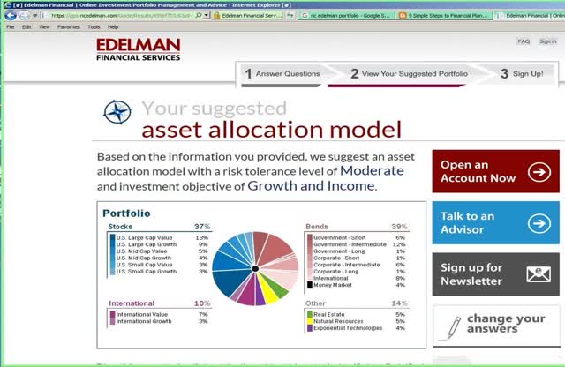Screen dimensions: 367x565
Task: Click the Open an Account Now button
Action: pos(494,171)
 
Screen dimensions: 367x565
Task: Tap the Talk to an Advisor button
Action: pos(494,223)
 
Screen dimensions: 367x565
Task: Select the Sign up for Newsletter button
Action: pos(494,274)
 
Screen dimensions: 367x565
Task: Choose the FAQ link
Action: pos(524,41)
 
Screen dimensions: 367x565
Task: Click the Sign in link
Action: pos(547,41)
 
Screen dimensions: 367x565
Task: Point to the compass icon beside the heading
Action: pos(117,112)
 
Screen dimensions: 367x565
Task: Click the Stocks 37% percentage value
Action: pos(202,227)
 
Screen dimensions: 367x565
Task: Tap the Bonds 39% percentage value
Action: pos(399,227)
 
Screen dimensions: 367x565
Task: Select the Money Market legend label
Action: pos(331,285)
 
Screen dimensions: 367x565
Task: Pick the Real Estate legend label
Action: pos(329,313)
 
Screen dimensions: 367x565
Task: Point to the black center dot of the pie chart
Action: pos(254,267)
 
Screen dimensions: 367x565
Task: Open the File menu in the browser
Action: pos(11,27)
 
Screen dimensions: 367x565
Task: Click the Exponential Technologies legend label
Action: pos(346,327)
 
